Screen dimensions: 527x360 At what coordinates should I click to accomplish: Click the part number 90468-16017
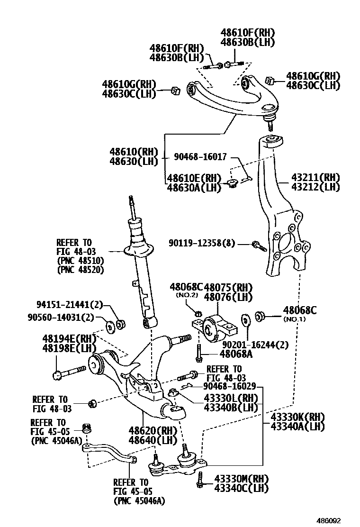[201, 156]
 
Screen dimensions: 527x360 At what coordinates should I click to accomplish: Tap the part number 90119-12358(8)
[201, 243]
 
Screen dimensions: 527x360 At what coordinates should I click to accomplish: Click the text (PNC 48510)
[80, 261]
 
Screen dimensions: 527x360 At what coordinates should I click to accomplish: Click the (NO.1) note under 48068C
[295, 319]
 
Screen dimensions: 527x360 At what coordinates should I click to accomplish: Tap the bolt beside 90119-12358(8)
[258, 245]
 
